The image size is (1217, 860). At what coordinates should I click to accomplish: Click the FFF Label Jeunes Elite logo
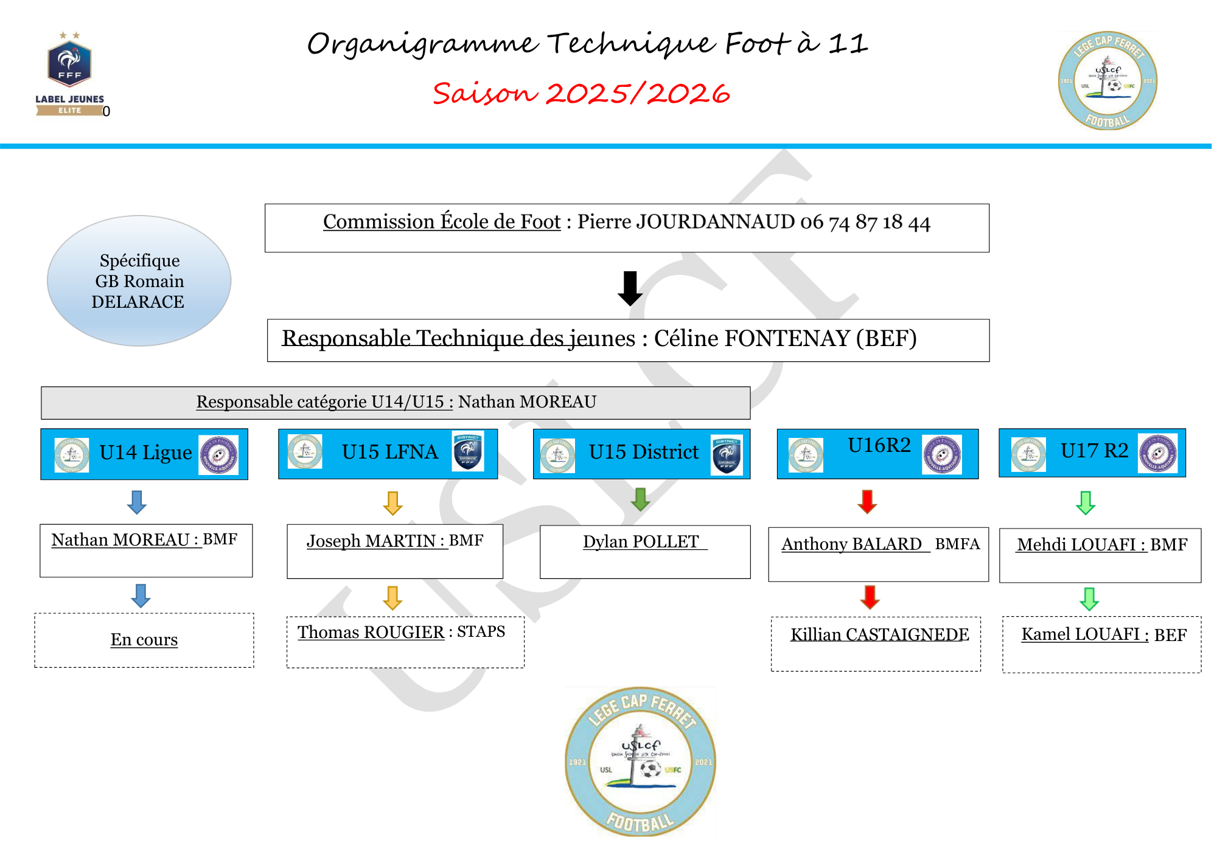pyautogui.click(x=69, y=73)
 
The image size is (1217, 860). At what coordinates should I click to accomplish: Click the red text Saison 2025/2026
pyautogui.click(x=581, y=94)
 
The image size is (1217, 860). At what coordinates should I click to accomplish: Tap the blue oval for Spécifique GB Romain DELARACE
pyautogui.click(x=139, y=281)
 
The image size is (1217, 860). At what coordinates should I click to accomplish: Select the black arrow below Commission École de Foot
pyautogui.click(x=630, y=288)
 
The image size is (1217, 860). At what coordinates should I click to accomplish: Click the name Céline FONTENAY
pyautogui.click(x=751, y=339)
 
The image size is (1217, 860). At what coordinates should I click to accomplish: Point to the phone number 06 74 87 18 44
pyautogui.click(x=865, y=223)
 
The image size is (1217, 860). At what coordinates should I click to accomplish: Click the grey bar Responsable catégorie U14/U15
pyautogui.click(x=396, y=403)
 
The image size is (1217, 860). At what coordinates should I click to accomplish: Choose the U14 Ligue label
pyautogui.click(x=145, y=453)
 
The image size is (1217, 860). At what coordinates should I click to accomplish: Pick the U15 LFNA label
pyautogui.click(x=389, y=453)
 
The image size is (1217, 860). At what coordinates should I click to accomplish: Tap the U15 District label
pyautogui.click(x=643, y=453)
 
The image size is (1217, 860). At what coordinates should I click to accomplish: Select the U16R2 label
pyautogui.click(x=879, y=446)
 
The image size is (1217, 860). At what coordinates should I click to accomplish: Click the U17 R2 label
pyautogui.click(x=1093, y=451)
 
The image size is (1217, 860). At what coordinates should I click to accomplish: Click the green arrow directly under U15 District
pyautogui.click(x=640, y=499)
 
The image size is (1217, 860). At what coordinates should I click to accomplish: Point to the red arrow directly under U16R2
pyautogui.click(x=867, y=502)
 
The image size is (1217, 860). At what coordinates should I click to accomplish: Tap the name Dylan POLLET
pyautogui.click(x=640, y=542)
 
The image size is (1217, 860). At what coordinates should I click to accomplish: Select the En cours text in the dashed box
pyautogui.click(x=144, y=640)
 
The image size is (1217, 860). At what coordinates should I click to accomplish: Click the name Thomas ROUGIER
pyautogui.click(x=371, y=633)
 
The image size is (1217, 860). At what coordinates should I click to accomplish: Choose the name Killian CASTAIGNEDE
pyautogui.click(x=879, y=635)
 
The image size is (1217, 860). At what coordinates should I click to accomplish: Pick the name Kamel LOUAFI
pyautogui.click(x=1080, y=635)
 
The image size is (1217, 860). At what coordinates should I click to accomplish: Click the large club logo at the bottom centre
pyautogui.click(x=640, y=761)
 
